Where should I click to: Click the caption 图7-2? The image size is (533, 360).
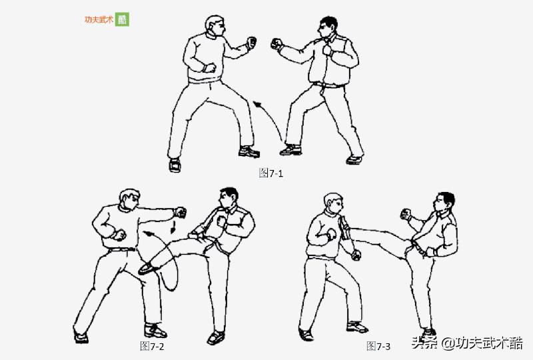click(x=152, y=345)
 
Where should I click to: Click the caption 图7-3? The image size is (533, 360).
click(x=378, y=345)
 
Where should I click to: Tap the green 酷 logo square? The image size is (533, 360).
click(x=123, y=19)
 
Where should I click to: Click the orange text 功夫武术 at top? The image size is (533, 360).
click(x=99, y=20)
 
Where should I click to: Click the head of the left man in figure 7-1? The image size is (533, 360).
click(x=215, y=26)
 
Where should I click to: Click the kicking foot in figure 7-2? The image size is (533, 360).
click(x=147, y=268)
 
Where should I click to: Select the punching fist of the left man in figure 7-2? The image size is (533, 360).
click(x=179, y=212)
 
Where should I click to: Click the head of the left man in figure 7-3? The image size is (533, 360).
click(x=333, y=203)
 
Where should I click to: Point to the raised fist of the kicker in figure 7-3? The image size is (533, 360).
click(x=404, y=213)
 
